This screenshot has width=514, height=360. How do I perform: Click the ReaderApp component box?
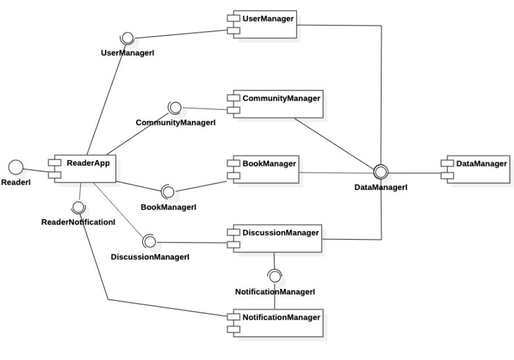pyautogui.click(x=85, y=167)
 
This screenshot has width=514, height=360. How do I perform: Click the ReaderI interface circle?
pyautogui.click(x=16, y=167)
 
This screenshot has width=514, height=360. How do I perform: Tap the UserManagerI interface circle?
pyautogui.click(x=127, y=38)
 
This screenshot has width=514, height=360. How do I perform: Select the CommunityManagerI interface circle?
pyautogui.click(x=175, y=107)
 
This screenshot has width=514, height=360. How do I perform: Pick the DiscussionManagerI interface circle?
pyautogui.click(x=150, y=241)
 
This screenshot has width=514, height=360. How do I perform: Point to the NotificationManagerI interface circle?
pyautogui.click(x=275, y=276)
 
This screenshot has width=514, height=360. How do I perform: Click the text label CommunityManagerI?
pyautogui.click(x=176, y=122)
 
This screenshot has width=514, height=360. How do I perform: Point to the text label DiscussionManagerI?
pyautogui.click(x=150, y=257)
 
